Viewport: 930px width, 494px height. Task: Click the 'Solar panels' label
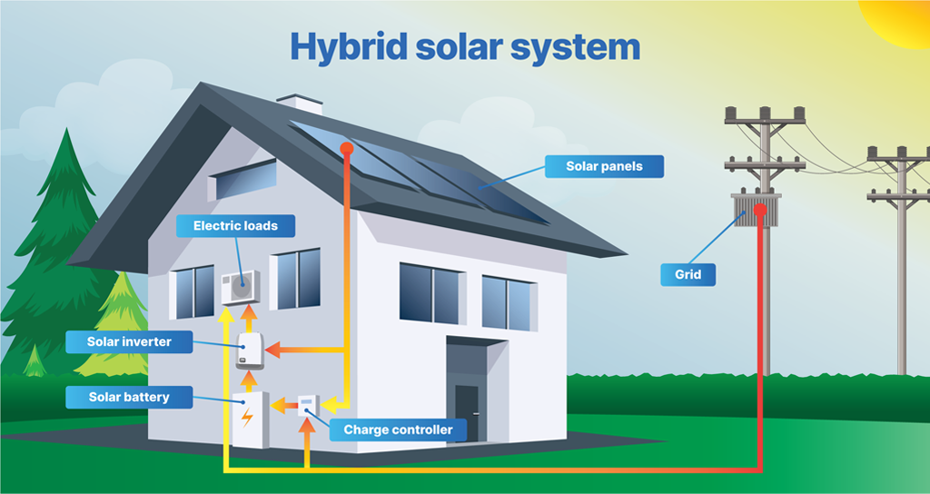[604, 166]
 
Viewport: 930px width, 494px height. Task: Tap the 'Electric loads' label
[235, 225]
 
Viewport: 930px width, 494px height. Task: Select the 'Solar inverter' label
[129, 341]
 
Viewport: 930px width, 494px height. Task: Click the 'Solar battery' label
[129, 397]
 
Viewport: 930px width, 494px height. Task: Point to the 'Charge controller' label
[398, 429]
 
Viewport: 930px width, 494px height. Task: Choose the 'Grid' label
[688, 274]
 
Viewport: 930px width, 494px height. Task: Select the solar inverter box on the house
[249, 351]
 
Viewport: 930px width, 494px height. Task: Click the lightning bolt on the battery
[247, 419]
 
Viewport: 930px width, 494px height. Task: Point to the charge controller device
[307, 405]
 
